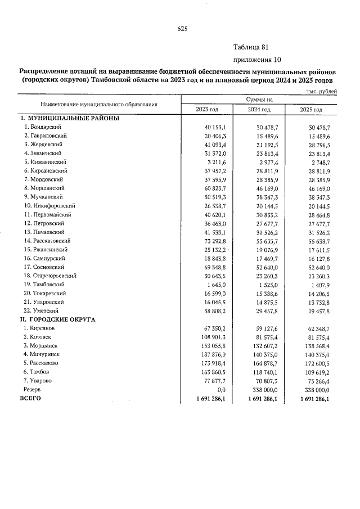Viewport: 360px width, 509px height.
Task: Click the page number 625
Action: [x=182, y=29]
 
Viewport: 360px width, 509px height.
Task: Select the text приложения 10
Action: [x=256, y=60]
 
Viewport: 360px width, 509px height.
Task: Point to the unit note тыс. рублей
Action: [x=322, y=91]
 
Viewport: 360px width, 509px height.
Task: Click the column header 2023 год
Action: [x=206, y=109]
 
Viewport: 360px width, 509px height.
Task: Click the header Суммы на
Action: [x=259, y=100]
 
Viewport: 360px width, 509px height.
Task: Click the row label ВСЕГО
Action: [x=30, y=398]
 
